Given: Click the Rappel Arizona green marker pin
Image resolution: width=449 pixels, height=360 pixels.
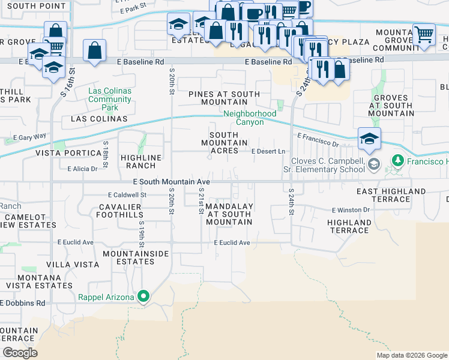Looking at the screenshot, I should [143, 296].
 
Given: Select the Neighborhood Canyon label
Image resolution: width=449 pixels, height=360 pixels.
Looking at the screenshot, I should [250, 118].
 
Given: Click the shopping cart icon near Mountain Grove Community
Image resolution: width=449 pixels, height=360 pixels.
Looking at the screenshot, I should [424, 34].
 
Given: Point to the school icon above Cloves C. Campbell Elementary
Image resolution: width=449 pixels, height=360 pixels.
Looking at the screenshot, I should [369, 139].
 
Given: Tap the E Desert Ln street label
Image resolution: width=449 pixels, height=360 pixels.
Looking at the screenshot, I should [268, 151].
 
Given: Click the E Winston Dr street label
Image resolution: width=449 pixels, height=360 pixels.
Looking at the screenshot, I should [351, 210].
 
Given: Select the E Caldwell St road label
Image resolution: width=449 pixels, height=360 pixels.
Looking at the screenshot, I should [127, 195].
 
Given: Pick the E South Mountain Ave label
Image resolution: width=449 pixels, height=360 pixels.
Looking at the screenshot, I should [172, 181].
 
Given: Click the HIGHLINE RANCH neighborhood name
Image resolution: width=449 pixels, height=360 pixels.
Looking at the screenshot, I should [140, 161].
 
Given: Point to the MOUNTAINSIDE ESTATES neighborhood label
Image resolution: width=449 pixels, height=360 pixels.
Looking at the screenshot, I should [136, 257].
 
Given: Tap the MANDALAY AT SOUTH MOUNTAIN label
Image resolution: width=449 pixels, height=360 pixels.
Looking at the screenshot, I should [229, 214].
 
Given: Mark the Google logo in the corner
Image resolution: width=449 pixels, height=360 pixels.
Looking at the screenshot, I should [20, 353].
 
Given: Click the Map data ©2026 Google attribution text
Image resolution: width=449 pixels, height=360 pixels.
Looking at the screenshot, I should [411, 355].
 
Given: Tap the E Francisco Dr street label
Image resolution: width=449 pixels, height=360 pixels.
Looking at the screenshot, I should [318, 140].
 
